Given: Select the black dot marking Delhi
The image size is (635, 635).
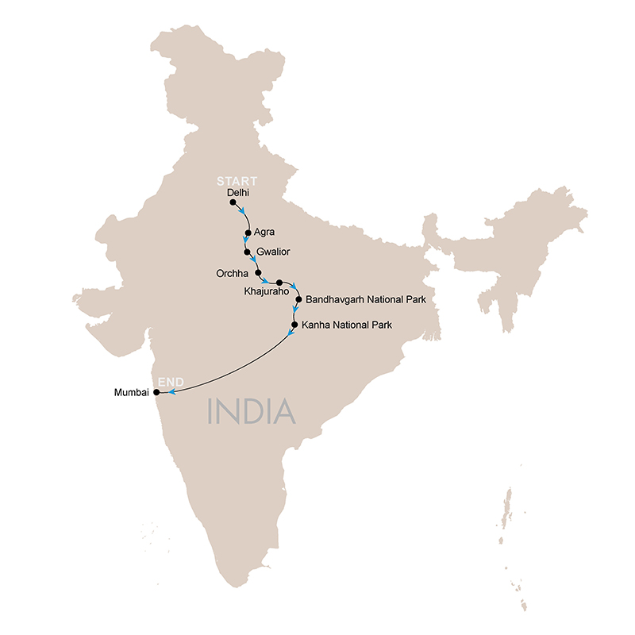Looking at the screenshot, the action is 233,202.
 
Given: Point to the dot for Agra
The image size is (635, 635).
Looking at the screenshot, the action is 248,233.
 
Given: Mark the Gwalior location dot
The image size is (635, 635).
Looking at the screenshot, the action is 248,252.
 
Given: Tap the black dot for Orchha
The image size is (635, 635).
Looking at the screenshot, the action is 258,272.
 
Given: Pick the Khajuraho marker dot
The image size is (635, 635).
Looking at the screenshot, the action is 279,282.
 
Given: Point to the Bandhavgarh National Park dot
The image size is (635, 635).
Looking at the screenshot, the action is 298,299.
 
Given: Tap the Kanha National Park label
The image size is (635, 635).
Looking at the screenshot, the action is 348,325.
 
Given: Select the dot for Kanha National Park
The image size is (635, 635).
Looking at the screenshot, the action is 294,325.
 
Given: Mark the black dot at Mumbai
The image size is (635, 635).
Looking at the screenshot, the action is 156,392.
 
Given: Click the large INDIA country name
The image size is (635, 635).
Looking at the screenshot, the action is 251,411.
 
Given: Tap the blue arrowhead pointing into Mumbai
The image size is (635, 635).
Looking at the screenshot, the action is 168,391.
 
